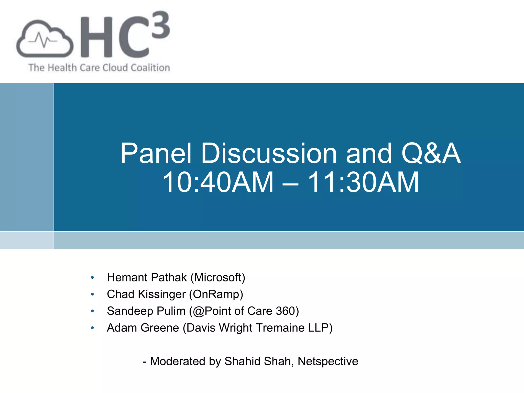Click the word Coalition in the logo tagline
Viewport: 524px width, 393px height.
coord(150,68)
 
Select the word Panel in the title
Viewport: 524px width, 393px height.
coord(156,154)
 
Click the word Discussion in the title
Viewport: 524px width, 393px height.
coord(269,154)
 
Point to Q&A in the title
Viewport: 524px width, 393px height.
coord(431,154)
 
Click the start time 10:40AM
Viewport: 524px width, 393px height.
coord(218,182)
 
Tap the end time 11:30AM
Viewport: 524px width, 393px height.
coord(363,182)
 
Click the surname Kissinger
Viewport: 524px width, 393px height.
coord(162,294)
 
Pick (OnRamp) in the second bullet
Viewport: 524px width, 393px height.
coord(216,294)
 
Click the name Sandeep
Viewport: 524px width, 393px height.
coord(130,311)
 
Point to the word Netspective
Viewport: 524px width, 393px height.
coord(328,362)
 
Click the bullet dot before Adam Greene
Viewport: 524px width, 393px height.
coord(92,328)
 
